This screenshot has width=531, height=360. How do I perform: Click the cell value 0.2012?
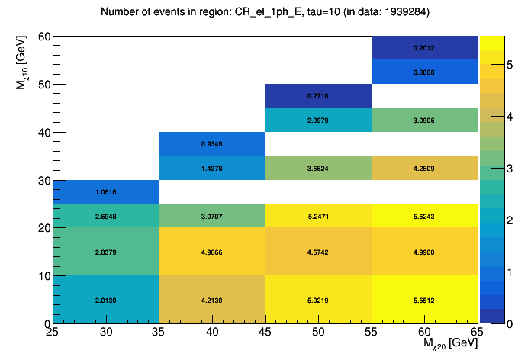[424, 48]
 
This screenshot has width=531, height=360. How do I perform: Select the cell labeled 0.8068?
[424, 72]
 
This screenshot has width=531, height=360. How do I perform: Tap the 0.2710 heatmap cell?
[318, 97]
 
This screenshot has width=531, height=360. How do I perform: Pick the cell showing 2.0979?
[318, 121]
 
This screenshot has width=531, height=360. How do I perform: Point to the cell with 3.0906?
[424, 121]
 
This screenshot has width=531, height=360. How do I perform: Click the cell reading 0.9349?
[212, 144]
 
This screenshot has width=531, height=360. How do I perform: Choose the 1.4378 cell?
[212, 168]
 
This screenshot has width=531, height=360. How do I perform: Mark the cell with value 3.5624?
[318, 168]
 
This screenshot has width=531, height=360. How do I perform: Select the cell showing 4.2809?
[424, 168]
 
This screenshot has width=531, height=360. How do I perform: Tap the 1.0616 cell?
[106, 192]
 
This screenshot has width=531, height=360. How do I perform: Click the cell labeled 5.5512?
[424, 300]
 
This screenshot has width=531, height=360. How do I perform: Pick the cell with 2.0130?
[106, 300]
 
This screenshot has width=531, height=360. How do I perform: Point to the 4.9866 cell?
[212, 252]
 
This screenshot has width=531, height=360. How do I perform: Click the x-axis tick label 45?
[265, 331]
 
